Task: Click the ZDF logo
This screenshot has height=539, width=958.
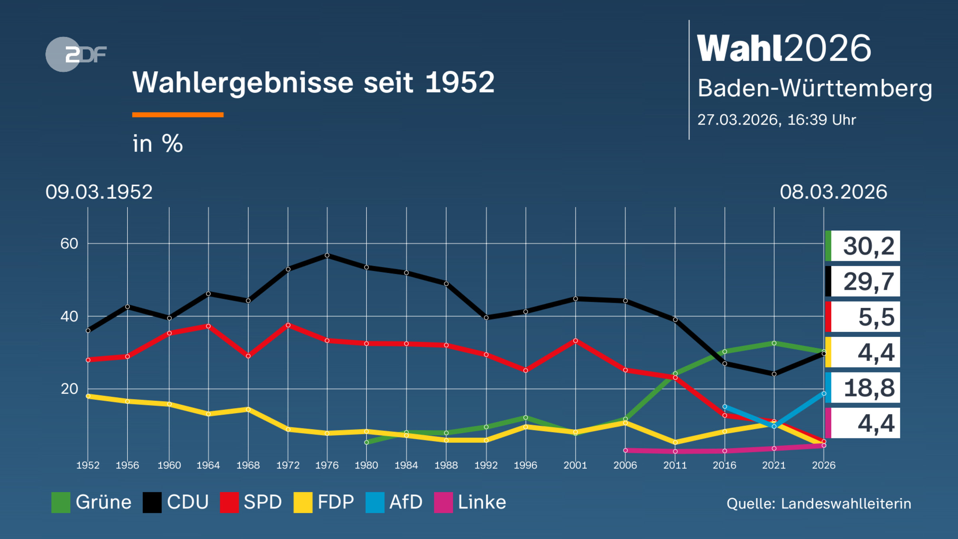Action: [76, 54]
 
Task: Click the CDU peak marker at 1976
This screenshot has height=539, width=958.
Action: [327, 255]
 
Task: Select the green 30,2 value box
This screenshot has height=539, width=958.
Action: [863, 246]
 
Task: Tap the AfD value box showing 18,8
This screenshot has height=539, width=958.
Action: [863, 388]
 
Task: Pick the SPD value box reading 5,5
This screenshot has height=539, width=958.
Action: [863, 317]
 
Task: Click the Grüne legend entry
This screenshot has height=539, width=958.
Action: [91, 502]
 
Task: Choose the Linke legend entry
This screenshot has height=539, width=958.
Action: [470, 502]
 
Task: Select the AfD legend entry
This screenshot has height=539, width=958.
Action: [394, 502]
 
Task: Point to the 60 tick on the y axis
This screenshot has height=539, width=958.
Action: [69, 244]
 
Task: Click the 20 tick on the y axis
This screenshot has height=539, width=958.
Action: [69, 389]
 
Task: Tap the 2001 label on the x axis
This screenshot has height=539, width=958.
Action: [575, 465]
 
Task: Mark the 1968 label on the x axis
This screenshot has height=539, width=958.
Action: [248, 465]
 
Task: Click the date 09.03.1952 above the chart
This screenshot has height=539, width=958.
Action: [99, 192]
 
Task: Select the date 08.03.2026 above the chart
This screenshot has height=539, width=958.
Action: [833, 192]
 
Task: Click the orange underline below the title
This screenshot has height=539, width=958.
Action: [178, 115]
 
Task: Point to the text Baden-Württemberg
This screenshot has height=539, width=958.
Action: [815, 88]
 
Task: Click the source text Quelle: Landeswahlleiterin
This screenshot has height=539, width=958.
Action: [819, 503]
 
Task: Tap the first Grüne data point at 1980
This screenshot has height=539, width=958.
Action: [366, 442]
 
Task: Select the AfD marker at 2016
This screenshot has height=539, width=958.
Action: [724, 407]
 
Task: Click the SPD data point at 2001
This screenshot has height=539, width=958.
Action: [575, 341]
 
